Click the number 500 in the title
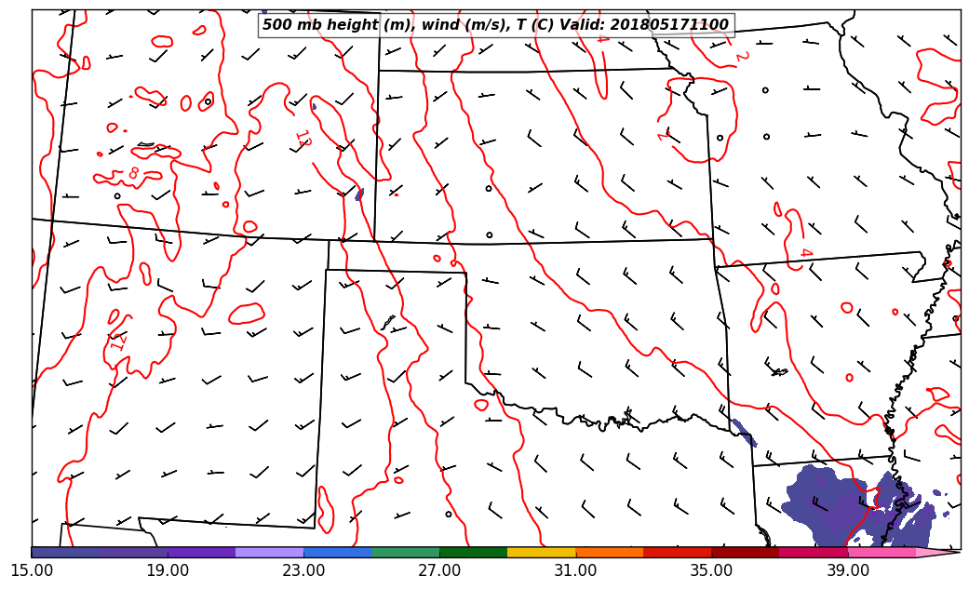(276, 25)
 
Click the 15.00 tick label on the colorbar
(32, 569)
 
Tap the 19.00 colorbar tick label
(168, 569)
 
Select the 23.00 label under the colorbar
(303, 569)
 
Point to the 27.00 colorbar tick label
(439, 569)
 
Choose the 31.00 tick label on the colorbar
(575, 569)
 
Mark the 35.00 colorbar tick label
(711, 569)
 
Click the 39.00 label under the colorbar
(847, 569)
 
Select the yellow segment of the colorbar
(542, 552)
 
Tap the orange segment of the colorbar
(610, 552)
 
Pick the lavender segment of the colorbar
(270, 552)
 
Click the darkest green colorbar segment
(474, 552)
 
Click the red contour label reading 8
(134, 173)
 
